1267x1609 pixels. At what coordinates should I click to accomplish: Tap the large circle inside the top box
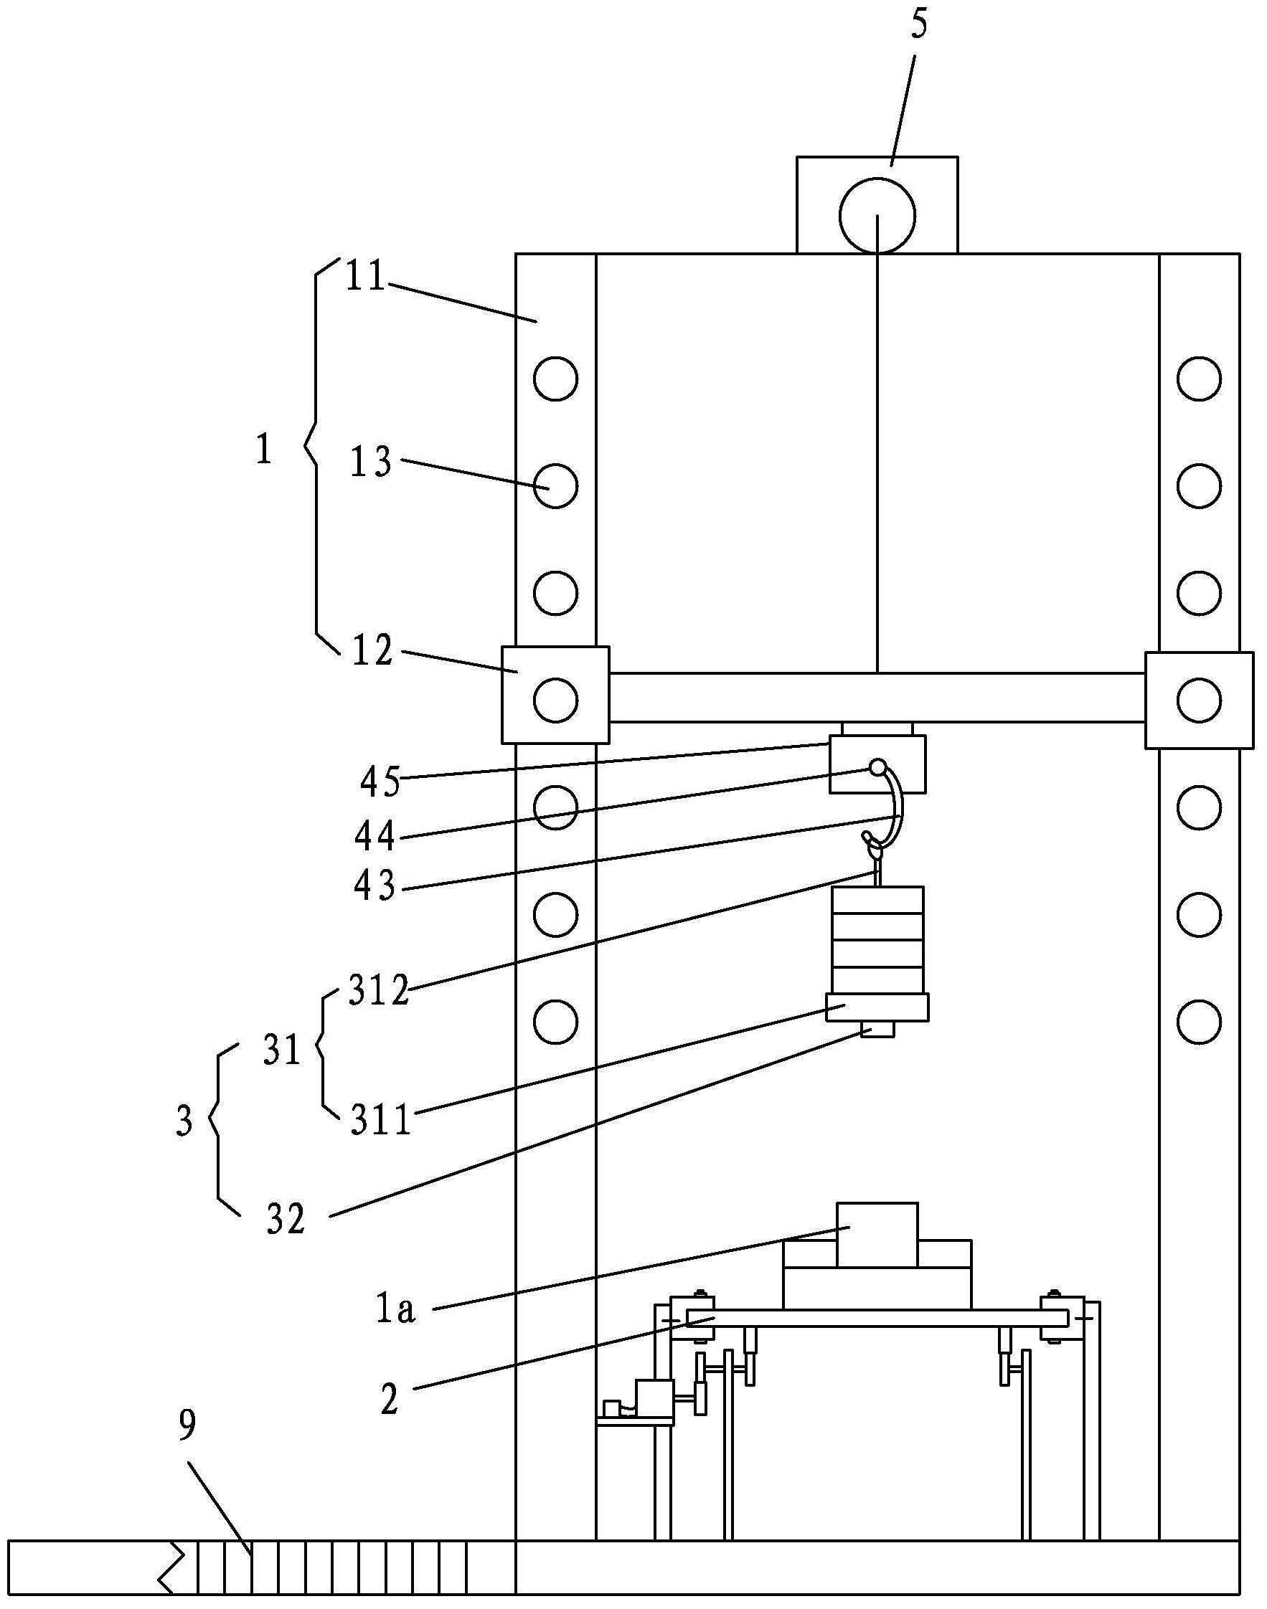(x=877, y=215)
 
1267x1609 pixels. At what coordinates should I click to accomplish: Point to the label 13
(x=372, y=462)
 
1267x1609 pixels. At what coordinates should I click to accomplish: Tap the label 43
(x=375, y=885)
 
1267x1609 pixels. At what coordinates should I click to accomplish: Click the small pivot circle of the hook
(x=877, y=766)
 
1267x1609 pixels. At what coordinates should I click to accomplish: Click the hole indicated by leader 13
(x=555, y=485)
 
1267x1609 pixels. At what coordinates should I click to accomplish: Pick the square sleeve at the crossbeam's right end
(x=1200, y=700)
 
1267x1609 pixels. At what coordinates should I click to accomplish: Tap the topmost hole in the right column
(x=1199, y=379)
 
